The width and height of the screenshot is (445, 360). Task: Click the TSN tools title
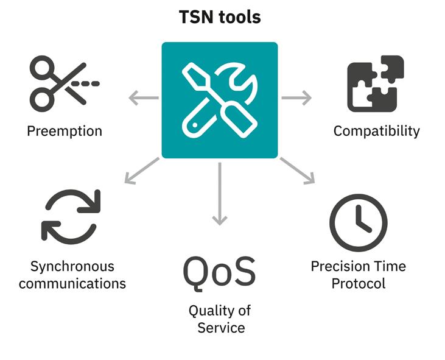tap(220, 17)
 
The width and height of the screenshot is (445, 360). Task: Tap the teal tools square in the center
tap(219, 100)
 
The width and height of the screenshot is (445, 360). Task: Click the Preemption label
tap(65, 131)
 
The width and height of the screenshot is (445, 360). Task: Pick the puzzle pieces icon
tap(376, 83)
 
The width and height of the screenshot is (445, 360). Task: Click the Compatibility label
tap(376, 131)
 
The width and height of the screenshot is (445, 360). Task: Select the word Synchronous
tap(72, 266)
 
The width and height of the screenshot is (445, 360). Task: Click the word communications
tap(72, 283)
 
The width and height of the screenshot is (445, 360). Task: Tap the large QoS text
tap(219, 272)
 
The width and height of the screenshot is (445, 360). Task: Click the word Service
tap(221, 327)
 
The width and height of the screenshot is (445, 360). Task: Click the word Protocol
tap(358, 283)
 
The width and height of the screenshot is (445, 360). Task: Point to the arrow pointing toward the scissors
tap(144, 97)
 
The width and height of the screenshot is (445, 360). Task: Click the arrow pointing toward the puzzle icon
tap(296, 97)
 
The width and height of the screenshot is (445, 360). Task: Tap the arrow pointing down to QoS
tap(219, 194)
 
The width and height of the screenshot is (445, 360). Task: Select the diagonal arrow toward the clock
tap(298, 171)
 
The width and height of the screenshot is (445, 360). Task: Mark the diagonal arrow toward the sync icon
tap(141, 171)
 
